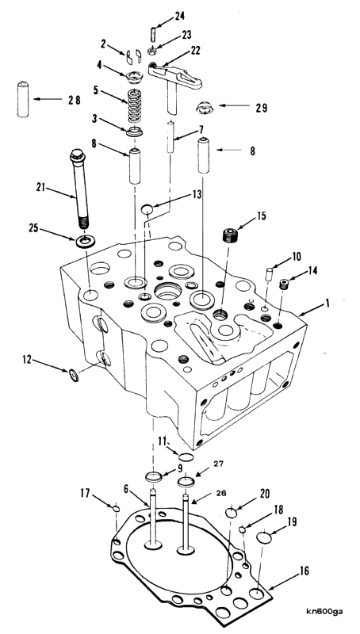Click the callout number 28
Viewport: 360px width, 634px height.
tap(74, 100)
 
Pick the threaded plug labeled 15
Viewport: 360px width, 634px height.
tap(231, 236)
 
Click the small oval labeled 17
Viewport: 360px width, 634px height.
tap(116, 508)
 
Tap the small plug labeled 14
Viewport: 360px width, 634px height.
tap(283, 281)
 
